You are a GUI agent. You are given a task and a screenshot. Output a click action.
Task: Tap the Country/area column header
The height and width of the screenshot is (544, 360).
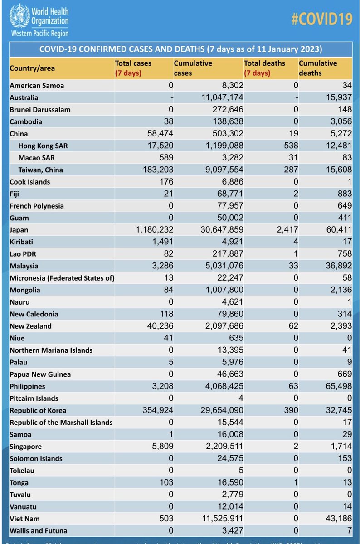tap(32, 68)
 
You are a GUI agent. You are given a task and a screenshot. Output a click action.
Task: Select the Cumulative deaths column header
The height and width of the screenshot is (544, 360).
tap(318, 68)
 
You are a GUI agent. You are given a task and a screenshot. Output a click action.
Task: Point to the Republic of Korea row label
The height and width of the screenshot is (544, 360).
tap(38, 411)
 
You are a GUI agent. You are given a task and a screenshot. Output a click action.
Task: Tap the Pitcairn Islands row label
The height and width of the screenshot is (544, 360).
tap(34, 398)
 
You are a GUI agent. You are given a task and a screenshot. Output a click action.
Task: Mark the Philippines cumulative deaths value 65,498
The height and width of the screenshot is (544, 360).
tap(338, 387)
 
